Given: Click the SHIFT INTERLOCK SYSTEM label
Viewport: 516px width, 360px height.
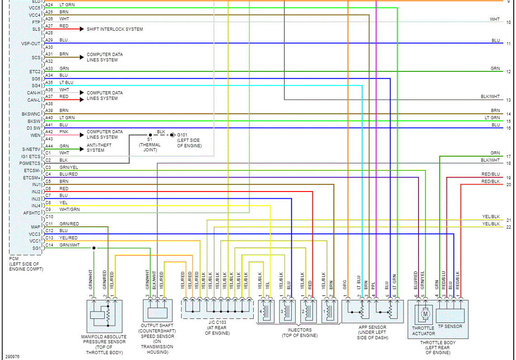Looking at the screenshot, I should click(x=115, y=29).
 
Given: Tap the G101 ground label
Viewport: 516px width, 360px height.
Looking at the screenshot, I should click(x=182, y=135).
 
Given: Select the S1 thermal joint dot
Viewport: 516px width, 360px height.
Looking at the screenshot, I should click(x=150, y=135).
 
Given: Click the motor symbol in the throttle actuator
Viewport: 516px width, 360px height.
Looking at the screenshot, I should click(x=425, y=313).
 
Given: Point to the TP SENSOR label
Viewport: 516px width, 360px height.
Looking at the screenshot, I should click(x=450, y=327).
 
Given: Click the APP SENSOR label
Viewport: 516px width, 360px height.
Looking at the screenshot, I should click(x=372, y=327).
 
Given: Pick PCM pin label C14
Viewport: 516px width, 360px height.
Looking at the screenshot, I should click(x=49, y=245).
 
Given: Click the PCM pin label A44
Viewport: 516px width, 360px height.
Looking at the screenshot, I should click(x=49, y=146).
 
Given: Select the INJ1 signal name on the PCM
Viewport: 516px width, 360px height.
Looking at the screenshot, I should click(x=36, y=185).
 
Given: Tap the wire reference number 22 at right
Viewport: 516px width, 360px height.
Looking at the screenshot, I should click(x=508, y=227).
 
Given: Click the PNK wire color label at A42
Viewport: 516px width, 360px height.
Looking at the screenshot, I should click(x=64, y=131).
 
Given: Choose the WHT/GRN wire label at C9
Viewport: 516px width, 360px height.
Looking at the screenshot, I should click(x=69, y=209).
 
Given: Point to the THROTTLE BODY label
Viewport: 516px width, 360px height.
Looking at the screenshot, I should click(x=438, y=342).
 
